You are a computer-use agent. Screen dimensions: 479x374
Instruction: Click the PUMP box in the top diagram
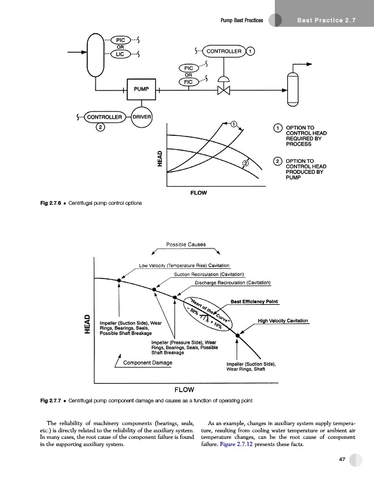coord(140,89)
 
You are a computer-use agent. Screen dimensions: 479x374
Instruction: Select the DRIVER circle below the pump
coord(141,116)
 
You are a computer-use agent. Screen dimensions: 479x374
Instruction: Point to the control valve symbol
coord(224,90)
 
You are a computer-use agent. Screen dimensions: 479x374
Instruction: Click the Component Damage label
coord(147,363)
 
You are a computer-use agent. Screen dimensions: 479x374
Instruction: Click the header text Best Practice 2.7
coord(326,22)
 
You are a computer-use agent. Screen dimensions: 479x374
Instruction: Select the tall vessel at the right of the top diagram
coord(292,88)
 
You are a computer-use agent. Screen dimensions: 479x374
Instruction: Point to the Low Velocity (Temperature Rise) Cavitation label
coord(184,265)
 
